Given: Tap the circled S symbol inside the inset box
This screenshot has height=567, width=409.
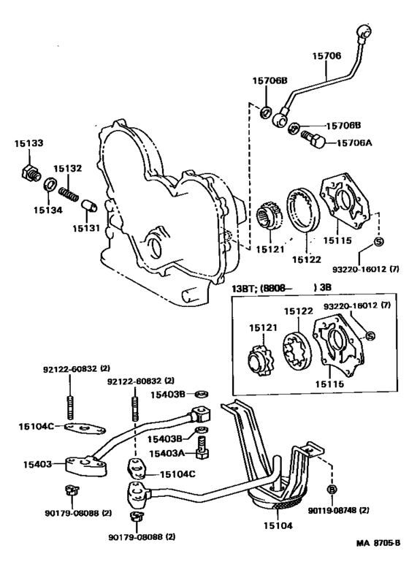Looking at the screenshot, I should coord(370,335).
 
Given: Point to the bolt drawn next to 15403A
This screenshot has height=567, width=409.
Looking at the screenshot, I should coord(202,447).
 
